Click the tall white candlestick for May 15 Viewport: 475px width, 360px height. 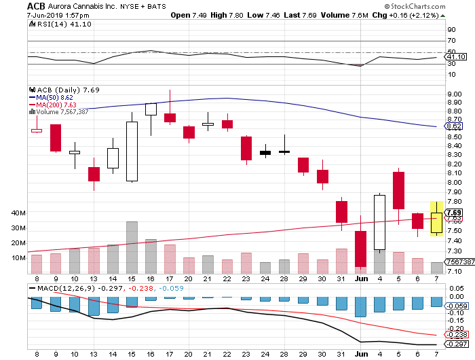(x=132, y=151)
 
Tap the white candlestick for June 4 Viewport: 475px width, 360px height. (x=379, y=222)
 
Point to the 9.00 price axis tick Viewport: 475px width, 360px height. (x=453, y=94)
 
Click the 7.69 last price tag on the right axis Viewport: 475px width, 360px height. (x=454, y=213)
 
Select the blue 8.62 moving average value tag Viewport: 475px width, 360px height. (x=454, y=126)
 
